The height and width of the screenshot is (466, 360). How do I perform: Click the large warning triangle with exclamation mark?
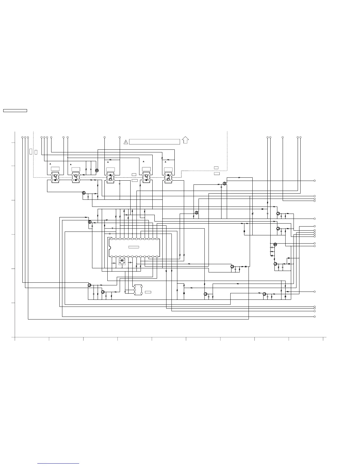coord(126,142)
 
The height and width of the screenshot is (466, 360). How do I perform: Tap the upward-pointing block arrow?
coord(185,140)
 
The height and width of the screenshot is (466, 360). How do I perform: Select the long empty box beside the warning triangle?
coord(154,142)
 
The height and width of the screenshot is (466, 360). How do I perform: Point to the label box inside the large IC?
coord(134,247)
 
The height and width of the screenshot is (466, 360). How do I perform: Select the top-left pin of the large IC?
coord(111,239)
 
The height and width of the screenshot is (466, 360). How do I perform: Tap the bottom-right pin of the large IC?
coord(157,257)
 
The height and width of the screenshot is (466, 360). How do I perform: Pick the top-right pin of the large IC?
coord(157,239)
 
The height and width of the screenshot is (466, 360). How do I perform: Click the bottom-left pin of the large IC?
coord(111,257)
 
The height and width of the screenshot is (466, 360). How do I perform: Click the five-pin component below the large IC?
coord(138,290)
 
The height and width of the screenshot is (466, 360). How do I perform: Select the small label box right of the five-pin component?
coord(148,292)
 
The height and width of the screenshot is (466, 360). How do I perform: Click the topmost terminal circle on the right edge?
coord(315,181)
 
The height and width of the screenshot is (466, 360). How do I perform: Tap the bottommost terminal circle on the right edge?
coord(315,317)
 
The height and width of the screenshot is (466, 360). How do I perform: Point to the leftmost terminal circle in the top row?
coord(22,137)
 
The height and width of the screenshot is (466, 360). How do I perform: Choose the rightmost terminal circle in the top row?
coord(300,137)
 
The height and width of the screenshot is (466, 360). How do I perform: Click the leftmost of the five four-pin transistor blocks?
coord(55,177)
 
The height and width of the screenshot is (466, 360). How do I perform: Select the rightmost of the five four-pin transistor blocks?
coord(168,177)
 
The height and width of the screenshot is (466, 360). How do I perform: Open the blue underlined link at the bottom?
coord(58,463)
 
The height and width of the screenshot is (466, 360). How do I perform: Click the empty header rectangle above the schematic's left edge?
coord(15,111)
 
